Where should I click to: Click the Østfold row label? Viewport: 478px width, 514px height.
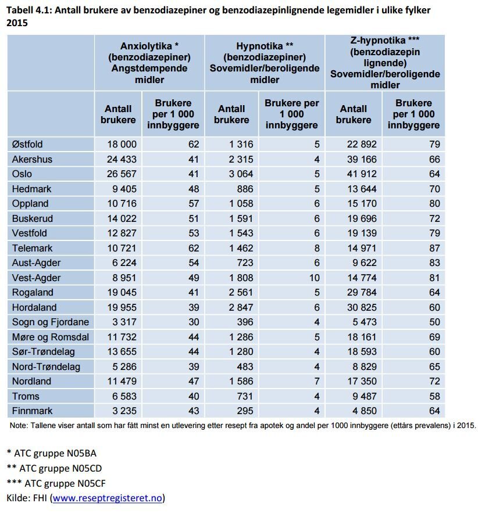pyautogui.click(x=27, y=144)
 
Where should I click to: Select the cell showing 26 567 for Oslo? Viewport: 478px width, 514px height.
pyautogui.click(x=121, y=174)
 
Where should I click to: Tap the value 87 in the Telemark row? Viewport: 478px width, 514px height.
pyautogui.click(x=432, y=248)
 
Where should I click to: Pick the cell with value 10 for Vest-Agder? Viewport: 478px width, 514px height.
pyautogui.click(x=314, y=278)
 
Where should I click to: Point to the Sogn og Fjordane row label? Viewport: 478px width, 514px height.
pyautogui.click(x=51, y=322)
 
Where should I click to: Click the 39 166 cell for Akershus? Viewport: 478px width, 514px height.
pyautogui.click(x=358, y=159)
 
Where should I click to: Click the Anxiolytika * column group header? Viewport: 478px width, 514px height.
pyautogui.click(x=149, y=62)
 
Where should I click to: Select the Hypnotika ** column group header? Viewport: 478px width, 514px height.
pyautogui.click(x=265, y=62)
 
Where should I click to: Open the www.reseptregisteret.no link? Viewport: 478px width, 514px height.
pyautogui.click(x=108, y=498)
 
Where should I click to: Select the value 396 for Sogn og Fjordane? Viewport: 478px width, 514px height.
pyautogui.click(x=242, y=322)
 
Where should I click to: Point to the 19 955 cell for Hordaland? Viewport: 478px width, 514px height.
pyautogui.click(x=121, y=307)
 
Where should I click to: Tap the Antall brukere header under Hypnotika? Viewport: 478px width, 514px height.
pyautogui.click(x=231, y=114)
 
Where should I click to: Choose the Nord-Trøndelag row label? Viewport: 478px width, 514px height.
pyautogui.click(x=46, y=366)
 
